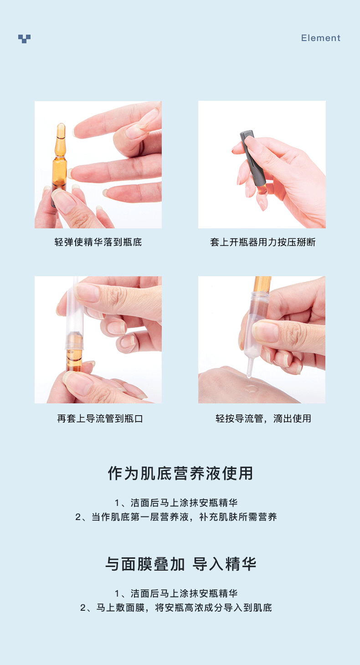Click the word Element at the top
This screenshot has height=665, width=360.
(x=320, y=38)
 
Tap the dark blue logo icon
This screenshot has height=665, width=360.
(x=24, y=39)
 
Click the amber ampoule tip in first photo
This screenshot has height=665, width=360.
(x=61, y=131)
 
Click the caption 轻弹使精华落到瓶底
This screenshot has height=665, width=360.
(x=98, y=242)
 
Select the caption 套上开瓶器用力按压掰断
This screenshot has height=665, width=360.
(x=262, y=242)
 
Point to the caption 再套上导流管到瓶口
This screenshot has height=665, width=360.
(x=100, y=418)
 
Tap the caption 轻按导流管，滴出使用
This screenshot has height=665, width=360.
(x=263, y=418)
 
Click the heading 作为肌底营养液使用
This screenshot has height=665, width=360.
(x=180, y=473)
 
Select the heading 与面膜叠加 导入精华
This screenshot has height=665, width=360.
(x=181, y=564)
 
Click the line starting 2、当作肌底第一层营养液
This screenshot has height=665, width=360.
(x=176, y=517)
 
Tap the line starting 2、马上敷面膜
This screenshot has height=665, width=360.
(x=176, y=608)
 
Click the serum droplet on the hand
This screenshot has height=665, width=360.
(x=252, y=388)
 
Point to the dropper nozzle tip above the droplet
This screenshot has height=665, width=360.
(x=249, y=376)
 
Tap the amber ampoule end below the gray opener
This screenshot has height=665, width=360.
(x=262, y=189)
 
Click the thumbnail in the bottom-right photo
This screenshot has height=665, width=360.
(x=266, y=331)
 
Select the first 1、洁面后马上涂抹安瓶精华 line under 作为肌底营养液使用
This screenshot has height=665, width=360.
(x=176, y=503)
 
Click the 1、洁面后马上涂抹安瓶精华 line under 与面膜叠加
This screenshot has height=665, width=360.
(x=176, y=593)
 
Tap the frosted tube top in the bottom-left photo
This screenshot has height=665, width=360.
(x=75, y=282)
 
